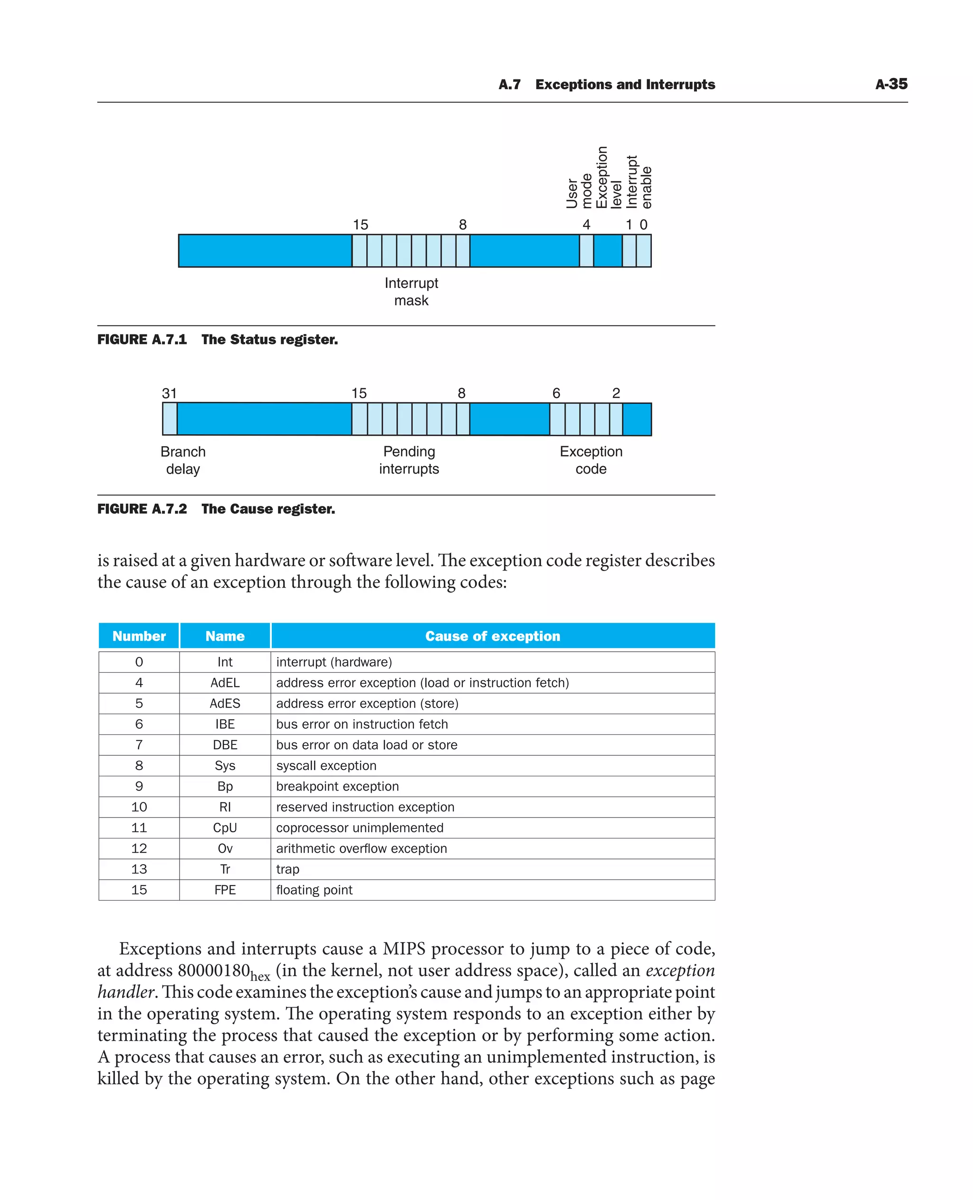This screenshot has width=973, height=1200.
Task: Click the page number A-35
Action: point(891,84)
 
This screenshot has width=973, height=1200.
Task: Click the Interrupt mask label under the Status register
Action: point(411,292)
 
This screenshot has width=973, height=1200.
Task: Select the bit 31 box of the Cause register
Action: point(170,419)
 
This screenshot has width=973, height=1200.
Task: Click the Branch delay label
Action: point(183,460)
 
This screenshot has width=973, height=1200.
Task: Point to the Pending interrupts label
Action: point(409,460)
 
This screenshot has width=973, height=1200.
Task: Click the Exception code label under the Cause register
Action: point(591,460)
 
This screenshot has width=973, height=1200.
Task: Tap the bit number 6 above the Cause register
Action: point(556,393)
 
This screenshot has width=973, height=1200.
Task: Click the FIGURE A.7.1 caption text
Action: point(218,340)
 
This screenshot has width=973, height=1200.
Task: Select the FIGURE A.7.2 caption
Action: point(216,509)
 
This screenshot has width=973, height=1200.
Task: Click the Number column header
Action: point(139,636)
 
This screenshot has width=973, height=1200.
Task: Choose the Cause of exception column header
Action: point(492,636)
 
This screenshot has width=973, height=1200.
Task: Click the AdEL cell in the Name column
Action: point(225,683)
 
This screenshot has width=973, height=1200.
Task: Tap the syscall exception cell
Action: point(326,766)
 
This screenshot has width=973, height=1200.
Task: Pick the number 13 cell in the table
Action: point(139,869)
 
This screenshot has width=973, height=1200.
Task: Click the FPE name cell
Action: point(225,890)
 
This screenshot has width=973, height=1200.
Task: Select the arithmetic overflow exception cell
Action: point(362,848)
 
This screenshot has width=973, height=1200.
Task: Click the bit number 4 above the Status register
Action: point(586,225)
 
